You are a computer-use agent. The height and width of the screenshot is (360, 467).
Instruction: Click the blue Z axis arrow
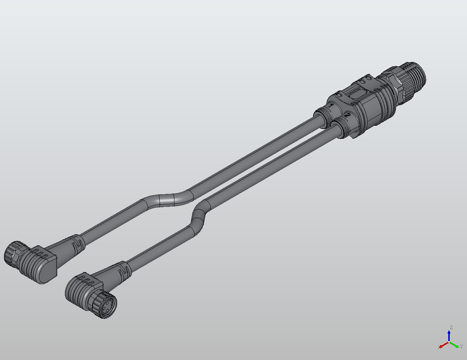(x=449, y=335)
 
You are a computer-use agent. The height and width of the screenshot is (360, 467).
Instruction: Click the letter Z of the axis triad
(x=451, y=328)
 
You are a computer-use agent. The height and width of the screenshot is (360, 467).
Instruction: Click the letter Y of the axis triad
(x=462, y=347)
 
